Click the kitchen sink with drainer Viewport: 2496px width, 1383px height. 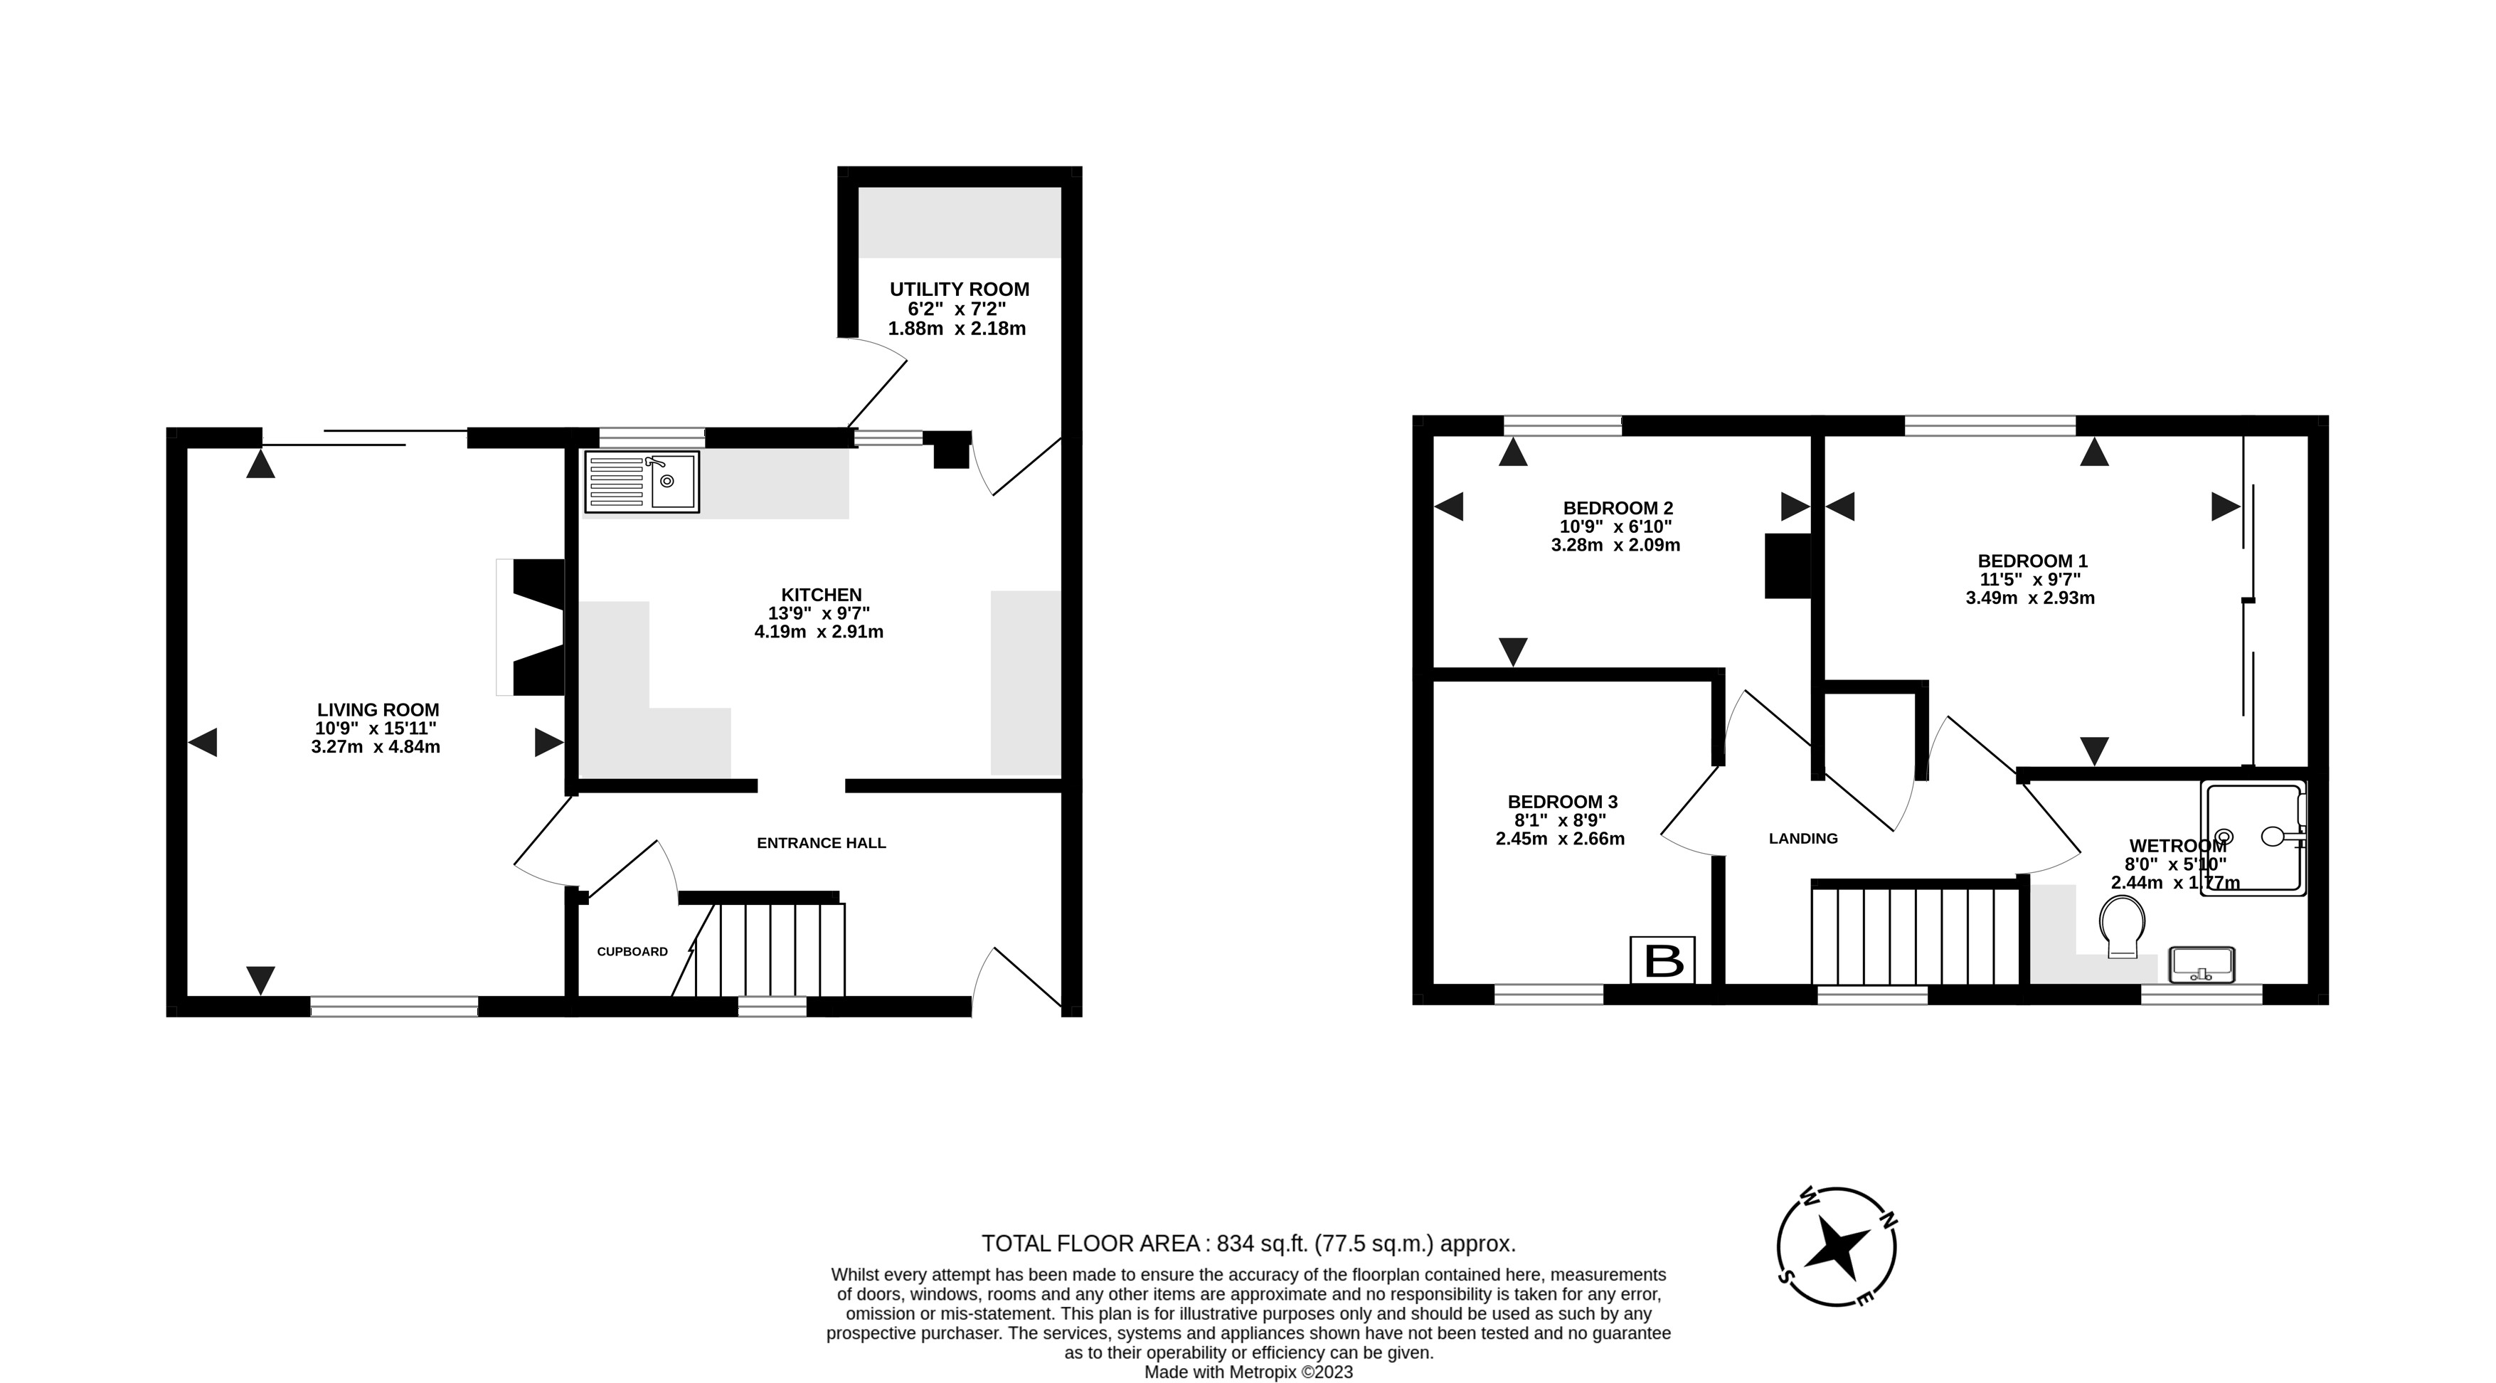point(642,482)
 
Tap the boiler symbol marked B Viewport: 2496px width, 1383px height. point(1663,961)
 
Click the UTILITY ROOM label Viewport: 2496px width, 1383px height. point(960,289)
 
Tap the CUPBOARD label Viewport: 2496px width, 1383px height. point(632,952)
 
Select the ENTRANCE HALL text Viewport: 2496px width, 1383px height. point(821,843)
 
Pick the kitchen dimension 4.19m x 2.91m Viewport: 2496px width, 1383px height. point(819,632)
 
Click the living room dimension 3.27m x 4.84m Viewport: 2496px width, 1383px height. point(376,747)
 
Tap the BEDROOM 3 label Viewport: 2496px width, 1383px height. point(1562,802)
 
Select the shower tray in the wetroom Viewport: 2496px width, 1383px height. point(2253,838)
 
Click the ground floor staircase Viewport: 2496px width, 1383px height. point(770,950)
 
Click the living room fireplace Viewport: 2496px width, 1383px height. point(531,627)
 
